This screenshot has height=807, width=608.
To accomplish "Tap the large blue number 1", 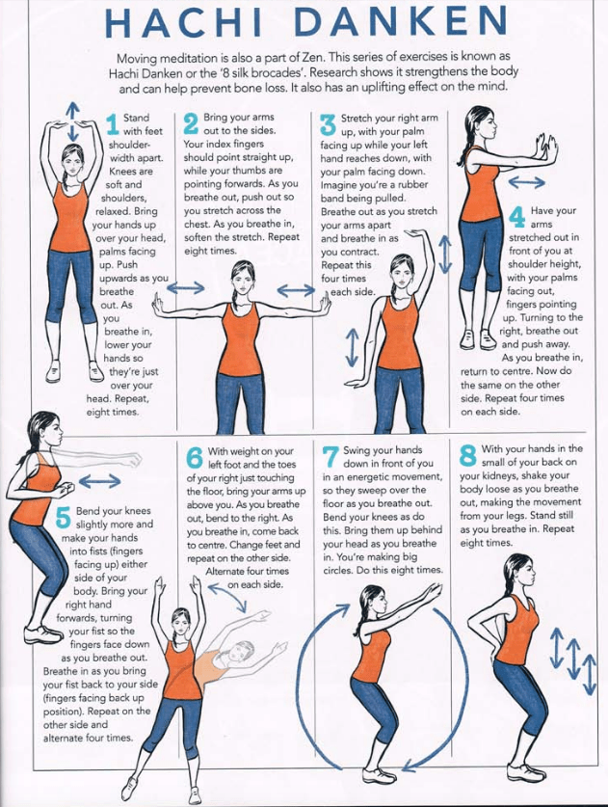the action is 113,125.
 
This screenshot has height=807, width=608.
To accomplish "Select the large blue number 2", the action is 191,125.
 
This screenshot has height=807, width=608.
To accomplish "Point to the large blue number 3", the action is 328,125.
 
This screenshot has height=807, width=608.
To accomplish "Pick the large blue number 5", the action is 64,517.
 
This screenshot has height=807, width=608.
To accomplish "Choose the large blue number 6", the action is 195,458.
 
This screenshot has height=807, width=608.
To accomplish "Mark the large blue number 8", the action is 467,456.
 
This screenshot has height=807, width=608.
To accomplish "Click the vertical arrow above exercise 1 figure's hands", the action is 74,121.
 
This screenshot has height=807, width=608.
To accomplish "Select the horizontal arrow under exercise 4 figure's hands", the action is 527,181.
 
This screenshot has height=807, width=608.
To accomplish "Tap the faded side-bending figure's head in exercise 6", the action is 238,651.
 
